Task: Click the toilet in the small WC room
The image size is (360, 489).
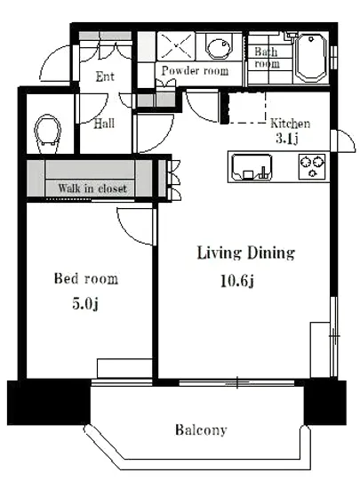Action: (x=47, y=134)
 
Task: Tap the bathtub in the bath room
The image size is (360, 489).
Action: (x=311, y=58)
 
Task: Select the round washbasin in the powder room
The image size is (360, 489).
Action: (x=219, y=47)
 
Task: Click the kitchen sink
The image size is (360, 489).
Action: (x=252, y=167)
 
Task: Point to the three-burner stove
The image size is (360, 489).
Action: (x=312, y=167)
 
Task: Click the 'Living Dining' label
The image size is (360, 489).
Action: (x=246, y=253)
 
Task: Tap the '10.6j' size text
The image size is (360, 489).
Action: (x=237, y=281)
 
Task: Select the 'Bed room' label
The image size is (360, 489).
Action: (x=86, y=278)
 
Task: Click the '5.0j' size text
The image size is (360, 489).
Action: (x=85, y=303)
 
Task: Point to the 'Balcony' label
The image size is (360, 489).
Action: (x=201, y=429)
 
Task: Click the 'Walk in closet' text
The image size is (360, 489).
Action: (x=92, y=188)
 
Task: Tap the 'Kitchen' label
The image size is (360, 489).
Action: (x=290, y=124)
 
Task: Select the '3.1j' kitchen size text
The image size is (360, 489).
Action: (x=287, y=138)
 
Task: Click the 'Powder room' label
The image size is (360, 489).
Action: (x=196, y=70)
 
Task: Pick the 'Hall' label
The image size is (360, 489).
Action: (x=104, y=124)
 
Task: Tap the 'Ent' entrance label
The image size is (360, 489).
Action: (x=105, y=76)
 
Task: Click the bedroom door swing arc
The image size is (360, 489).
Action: (x=127, y=232)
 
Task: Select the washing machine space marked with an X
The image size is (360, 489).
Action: (x=177, y=46)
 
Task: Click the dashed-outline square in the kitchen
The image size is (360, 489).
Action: (x=247, y=108)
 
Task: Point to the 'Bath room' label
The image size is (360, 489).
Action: (x=267, y=58)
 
